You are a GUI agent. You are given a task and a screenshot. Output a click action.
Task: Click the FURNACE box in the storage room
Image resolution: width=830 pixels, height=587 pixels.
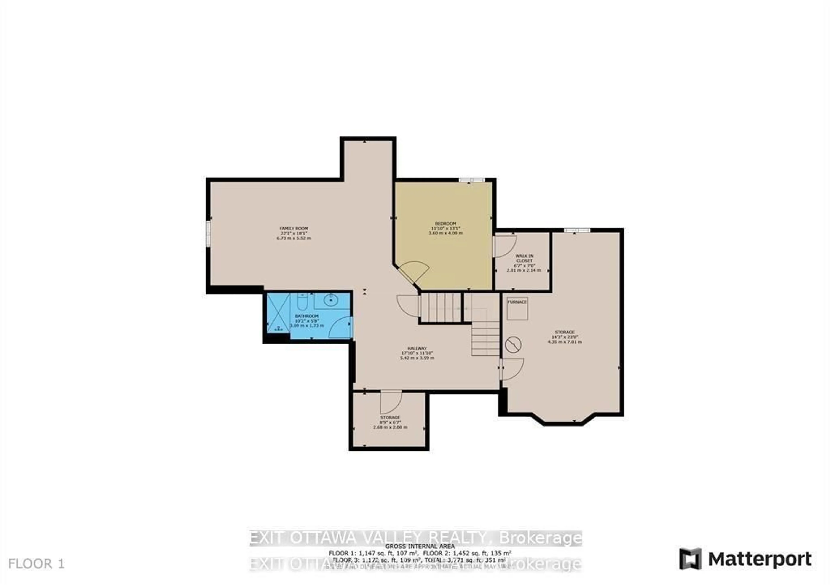tap(517, 308)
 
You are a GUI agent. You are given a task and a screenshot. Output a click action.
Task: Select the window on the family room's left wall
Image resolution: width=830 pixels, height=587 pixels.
tap(209, 234)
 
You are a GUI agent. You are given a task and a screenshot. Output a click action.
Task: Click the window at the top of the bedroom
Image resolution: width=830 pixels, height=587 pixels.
tap(472, 180)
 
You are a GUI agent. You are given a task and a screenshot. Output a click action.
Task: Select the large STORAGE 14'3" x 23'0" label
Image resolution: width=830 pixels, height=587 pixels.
tap(565, 337)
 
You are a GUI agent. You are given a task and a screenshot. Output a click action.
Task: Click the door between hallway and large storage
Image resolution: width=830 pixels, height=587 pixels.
tap(512, 369)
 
